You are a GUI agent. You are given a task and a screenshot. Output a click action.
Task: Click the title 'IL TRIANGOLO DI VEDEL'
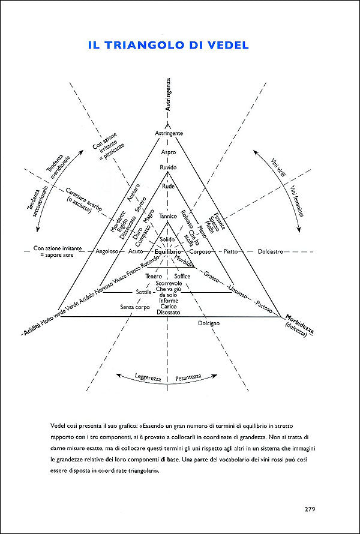pos(169,45)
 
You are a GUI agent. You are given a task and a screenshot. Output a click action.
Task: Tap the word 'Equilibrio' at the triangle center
pos(168,251)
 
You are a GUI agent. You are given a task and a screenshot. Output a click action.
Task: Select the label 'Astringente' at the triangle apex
pos(169,133)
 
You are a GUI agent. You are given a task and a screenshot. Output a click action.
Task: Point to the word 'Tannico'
pos(169,216)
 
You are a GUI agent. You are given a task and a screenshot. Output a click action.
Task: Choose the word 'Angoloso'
pos(110,251)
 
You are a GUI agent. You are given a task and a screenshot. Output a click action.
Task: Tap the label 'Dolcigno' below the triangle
pos(209,323)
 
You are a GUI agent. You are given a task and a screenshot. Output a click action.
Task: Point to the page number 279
pos(310,509)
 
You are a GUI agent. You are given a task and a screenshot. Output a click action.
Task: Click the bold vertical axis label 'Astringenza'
pos(169,94)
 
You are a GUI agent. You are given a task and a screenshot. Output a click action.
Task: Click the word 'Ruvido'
pos(169,167)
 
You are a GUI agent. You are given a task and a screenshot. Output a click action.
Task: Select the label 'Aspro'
pos(169,153)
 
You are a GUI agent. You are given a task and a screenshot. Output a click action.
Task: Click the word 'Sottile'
pos(144,292)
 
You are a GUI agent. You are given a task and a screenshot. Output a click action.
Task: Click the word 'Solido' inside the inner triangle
pos(168,239)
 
